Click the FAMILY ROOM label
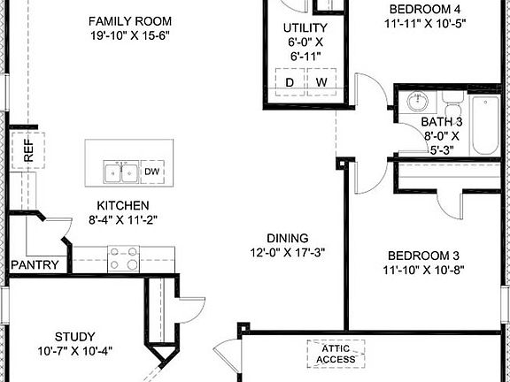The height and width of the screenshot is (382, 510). pyautogui.click(x=130, y=20)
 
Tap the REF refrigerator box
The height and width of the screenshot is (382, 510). pyautogui.click(x=20, y=151)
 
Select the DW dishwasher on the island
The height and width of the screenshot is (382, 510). pyautogui.click(x=151, y=172)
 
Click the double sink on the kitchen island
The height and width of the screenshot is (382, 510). pyautogui.click(x=120, y=172)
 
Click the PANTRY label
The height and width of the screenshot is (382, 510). pyautogui.click(x=35, y=264)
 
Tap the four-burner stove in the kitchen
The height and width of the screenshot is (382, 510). pyautogui.click(x=123, y=258)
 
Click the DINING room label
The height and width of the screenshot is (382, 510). pyautogui.click(x=287, y=238)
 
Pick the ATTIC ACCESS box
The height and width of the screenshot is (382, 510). pyautogui.click(x=334, y=353)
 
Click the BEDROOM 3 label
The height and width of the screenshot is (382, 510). pyautogui.click(x=424, y=256)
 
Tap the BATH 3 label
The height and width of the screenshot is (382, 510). pyautogui.click(x=440, y=121)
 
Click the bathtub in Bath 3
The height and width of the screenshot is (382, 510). pyautogui.click(x=485, y=125)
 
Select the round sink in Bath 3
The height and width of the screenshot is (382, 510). pyautogui.click(x=417, y=103)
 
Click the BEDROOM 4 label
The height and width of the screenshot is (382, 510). pyautogui.click(x=426, y=10)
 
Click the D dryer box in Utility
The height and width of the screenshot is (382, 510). pyautogui.click(x=289, y=82)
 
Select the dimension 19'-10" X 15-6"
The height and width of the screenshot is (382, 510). pyautogui.click(x=130, y=35)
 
